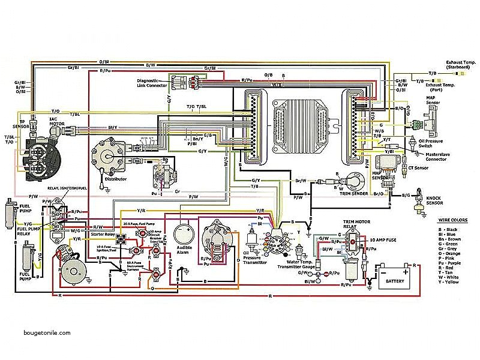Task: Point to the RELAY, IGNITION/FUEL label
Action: tap(66, 188)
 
